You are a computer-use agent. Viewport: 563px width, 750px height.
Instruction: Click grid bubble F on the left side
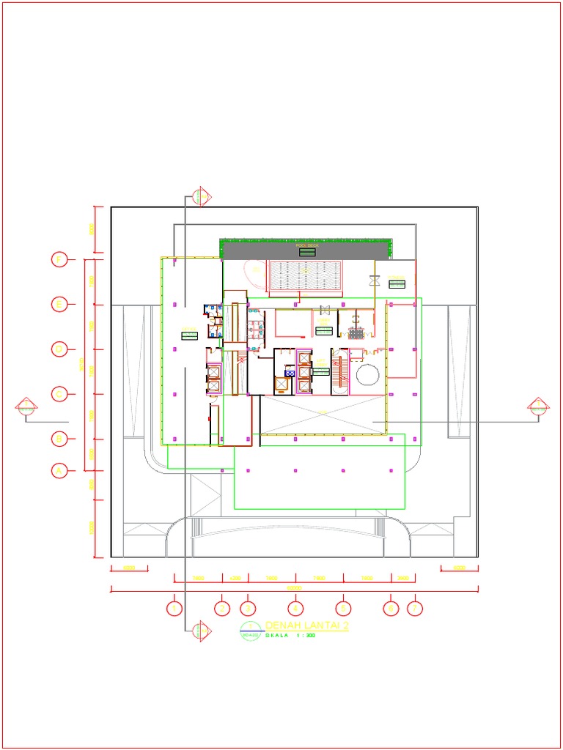tap(60, 259)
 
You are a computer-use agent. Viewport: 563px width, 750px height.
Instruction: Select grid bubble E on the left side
tap(60, 304)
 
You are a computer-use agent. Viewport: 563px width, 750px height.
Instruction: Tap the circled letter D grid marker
tap(60, 349)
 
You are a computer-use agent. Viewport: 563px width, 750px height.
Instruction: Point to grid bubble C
tap(60, 394)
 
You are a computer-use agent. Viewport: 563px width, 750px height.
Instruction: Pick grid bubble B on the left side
tap(60, 439)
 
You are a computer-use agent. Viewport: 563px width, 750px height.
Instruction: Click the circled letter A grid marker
tap(60, 469)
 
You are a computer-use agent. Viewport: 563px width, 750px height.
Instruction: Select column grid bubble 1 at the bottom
tap(174, 608)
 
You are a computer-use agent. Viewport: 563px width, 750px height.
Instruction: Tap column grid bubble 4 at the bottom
tap(295, 608)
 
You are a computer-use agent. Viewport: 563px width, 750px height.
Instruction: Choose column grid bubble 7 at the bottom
tap(415, 608)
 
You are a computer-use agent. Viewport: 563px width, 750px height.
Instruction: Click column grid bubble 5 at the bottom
tap(342, 608)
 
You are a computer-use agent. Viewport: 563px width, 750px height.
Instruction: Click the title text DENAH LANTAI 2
tap(306, 625)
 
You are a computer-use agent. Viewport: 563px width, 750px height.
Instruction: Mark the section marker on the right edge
tap(539, 407)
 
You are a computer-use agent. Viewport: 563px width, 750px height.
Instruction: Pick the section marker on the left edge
tap(26, 407)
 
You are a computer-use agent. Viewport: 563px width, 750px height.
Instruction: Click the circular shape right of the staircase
tap(367, 376)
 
